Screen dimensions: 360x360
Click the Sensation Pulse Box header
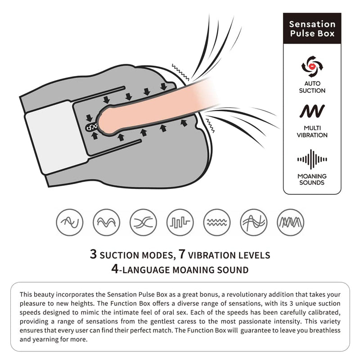(312, 28)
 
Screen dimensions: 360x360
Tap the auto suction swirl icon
(312, 67)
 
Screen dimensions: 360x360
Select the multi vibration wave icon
(312, 111)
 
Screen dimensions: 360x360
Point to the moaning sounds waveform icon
(312, 159)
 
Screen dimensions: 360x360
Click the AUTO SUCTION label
(312, 87)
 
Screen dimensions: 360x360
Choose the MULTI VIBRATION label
(312, 131)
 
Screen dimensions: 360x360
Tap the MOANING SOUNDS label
(312, 179)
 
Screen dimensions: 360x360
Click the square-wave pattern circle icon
(180, 222)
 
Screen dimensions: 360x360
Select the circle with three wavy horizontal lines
(217, 222)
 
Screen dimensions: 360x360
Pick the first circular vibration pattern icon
(70, 222)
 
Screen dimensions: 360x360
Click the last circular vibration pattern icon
(290, 222)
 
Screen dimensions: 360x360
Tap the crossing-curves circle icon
(143, 222)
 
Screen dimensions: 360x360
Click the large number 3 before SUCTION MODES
(93, 254)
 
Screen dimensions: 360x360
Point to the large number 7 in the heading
(182, 254)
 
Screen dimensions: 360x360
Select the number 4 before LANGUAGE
(115, 269)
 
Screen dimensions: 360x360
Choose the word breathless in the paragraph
(325, 330)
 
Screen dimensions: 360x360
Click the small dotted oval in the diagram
(92, 127)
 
